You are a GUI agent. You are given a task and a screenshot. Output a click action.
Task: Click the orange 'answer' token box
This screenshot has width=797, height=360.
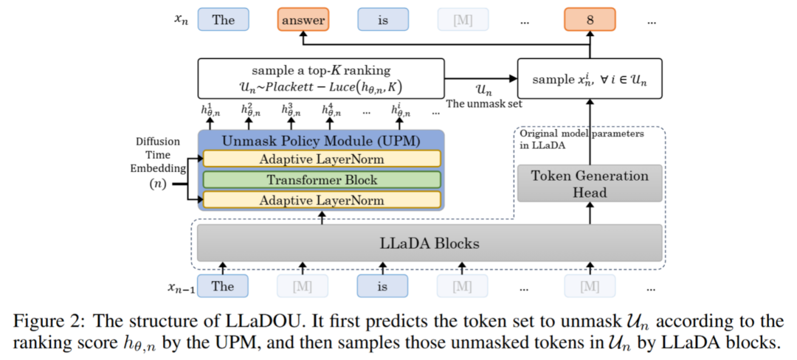coord(303,20)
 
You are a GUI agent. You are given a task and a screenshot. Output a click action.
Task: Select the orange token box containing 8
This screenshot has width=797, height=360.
coord(590,20)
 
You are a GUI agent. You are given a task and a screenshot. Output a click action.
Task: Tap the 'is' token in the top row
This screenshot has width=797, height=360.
coord(383,20)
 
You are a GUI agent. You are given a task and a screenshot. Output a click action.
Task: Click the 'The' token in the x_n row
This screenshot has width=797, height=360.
coord(223,20)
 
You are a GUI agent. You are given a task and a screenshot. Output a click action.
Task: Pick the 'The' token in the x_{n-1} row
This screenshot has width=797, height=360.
coord(223,286)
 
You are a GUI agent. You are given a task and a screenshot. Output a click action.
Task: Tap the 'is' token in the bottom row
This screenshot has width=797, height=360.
coord(383,286)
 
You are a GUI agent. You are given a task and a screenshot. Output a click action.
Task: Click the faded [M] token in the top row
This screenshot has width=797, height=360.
coord(462,20)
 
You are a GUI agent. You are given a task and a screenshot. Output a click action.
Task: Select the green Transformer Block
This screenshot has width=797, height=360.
coord(321,179)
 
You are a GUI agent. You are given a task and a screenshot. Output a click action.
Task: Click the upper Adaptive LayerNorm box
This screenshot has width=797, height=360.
coord(321,159)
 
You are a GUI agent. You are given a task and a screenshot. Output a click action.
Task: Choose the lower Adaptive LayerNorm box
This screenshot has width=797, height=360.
coord(321,200)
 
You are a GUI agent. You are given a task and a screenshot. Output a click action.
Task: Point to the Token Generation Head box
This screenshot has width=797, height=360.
coord(590,183)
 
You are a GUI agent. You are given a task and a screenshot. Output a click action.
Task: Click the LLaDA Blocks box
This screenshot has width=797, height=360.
coord(429,242)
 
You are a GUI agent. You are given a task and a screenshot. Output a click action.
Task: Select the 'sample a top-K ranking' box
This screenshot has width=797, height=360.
coord(321,79)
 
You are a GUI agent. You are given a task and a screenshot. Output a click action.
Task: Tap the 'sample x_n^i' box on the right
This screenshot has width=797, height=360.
coord(590,79)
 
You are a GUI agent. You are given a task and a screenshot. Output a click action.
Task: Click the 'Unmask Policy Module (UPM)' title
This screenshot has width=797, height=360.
coord(321,140)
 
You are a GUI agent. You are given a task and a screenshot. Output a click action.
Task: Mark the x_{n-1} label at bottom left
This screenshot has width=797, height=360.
coord(180,286)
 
